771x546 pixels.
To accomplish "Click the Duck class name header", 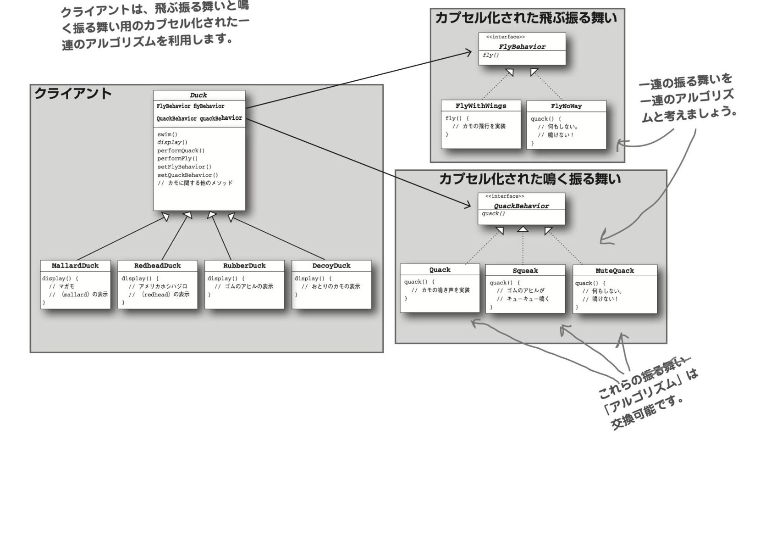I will pos(198,95).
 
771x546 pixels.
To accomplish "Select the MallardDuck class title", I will pos(75,266).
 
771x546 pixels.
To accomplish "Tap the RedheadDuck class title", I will pos(157,266).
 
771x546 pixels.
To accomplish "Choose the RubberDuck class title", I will pos(244,266).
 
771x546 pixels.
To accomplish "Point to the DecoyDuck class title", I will pos(331,266).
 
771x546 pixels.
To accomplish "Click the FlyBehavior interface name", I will pos(522,47).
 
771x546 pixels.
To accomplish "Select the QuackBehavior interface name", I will pos(521,206).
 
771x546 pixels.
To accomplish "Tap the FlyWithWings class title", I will pos(481,106).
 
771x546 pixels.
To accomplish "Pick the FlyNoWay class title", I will pos(566,106).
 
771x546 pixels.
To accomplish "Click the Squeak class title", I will pos(525,271).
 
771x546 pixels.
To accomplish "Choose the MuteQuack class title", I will pos(615,271).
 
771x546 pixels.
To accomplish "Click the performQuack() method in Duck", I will pos(181,150).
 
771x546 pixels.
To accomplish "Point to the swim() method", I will pos(167,134).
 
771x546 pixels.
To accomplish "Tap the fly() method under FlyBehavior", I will pos(490,56).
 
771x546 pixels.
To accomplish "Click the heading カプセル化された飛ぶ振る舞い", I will pos(526,18).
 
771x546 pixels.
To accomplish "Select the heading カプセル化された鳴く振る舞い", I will pos(529,179).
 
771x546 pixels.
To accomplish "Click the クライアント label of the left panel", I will pos(73,94).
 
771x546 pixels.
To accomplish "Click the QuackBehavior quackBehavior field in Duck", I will pos(199,118).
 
